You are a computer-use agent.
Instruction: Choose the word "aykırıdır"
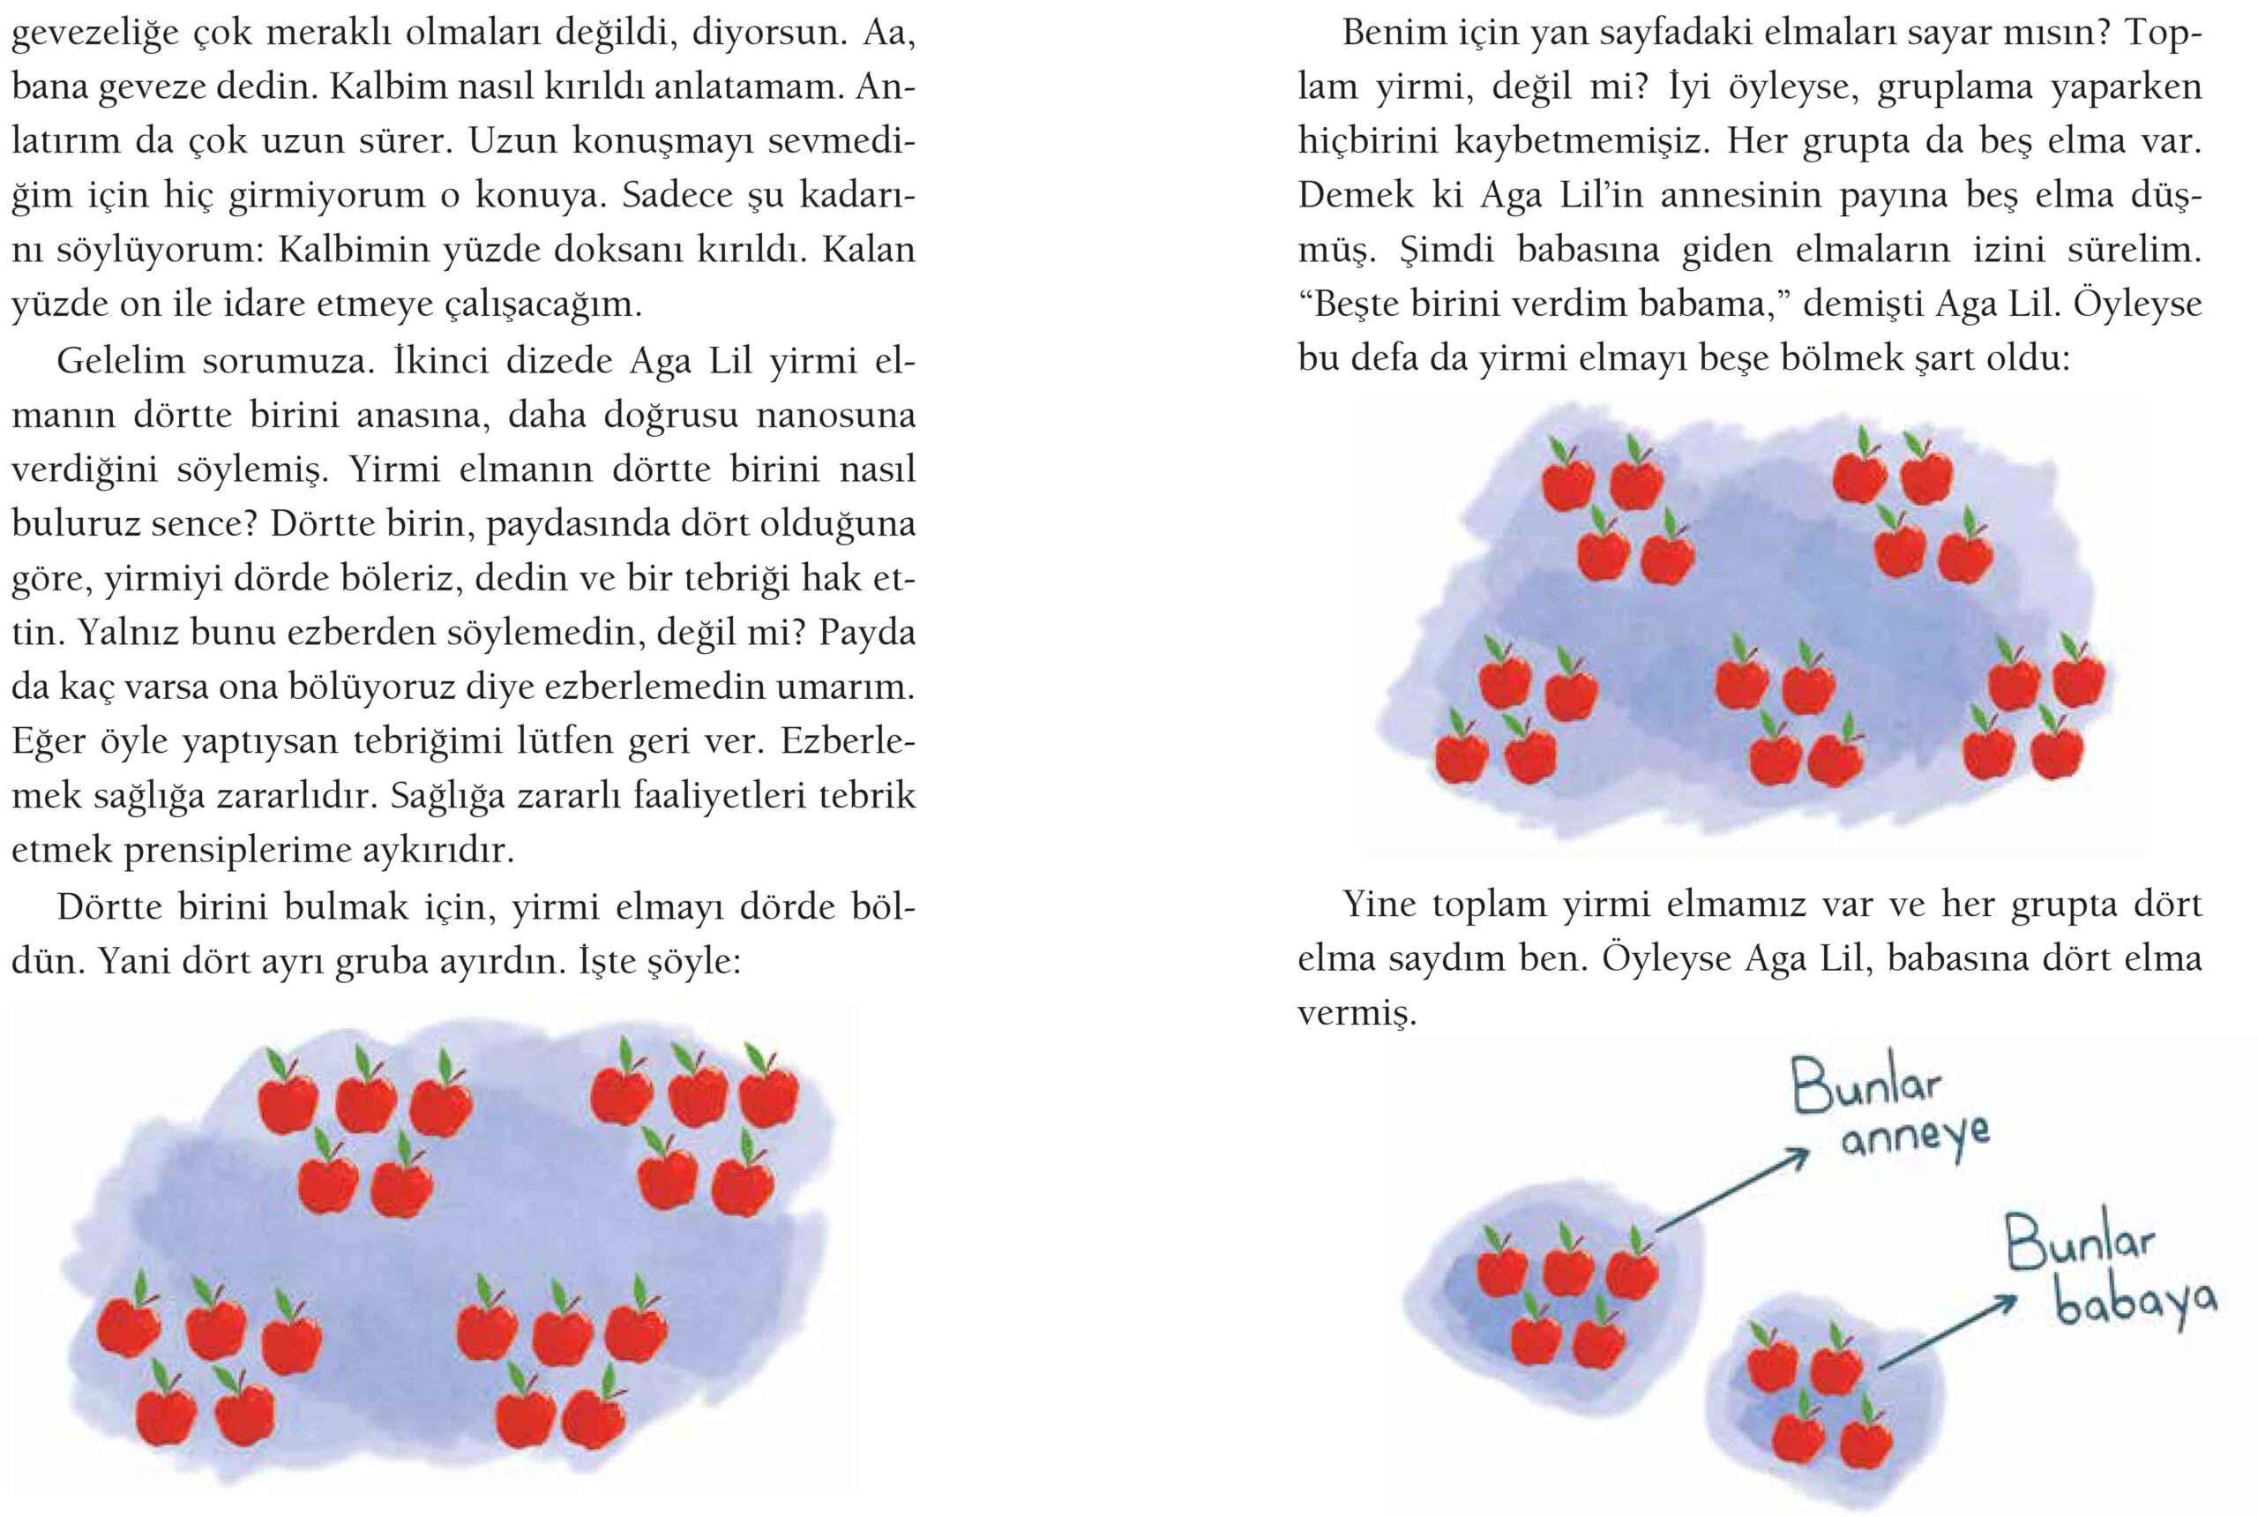point(436,851)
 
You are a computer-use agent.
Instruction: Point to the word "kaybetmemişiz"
point(1583,142)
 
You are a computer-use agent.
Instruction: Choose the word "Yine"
point(1378,905)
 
